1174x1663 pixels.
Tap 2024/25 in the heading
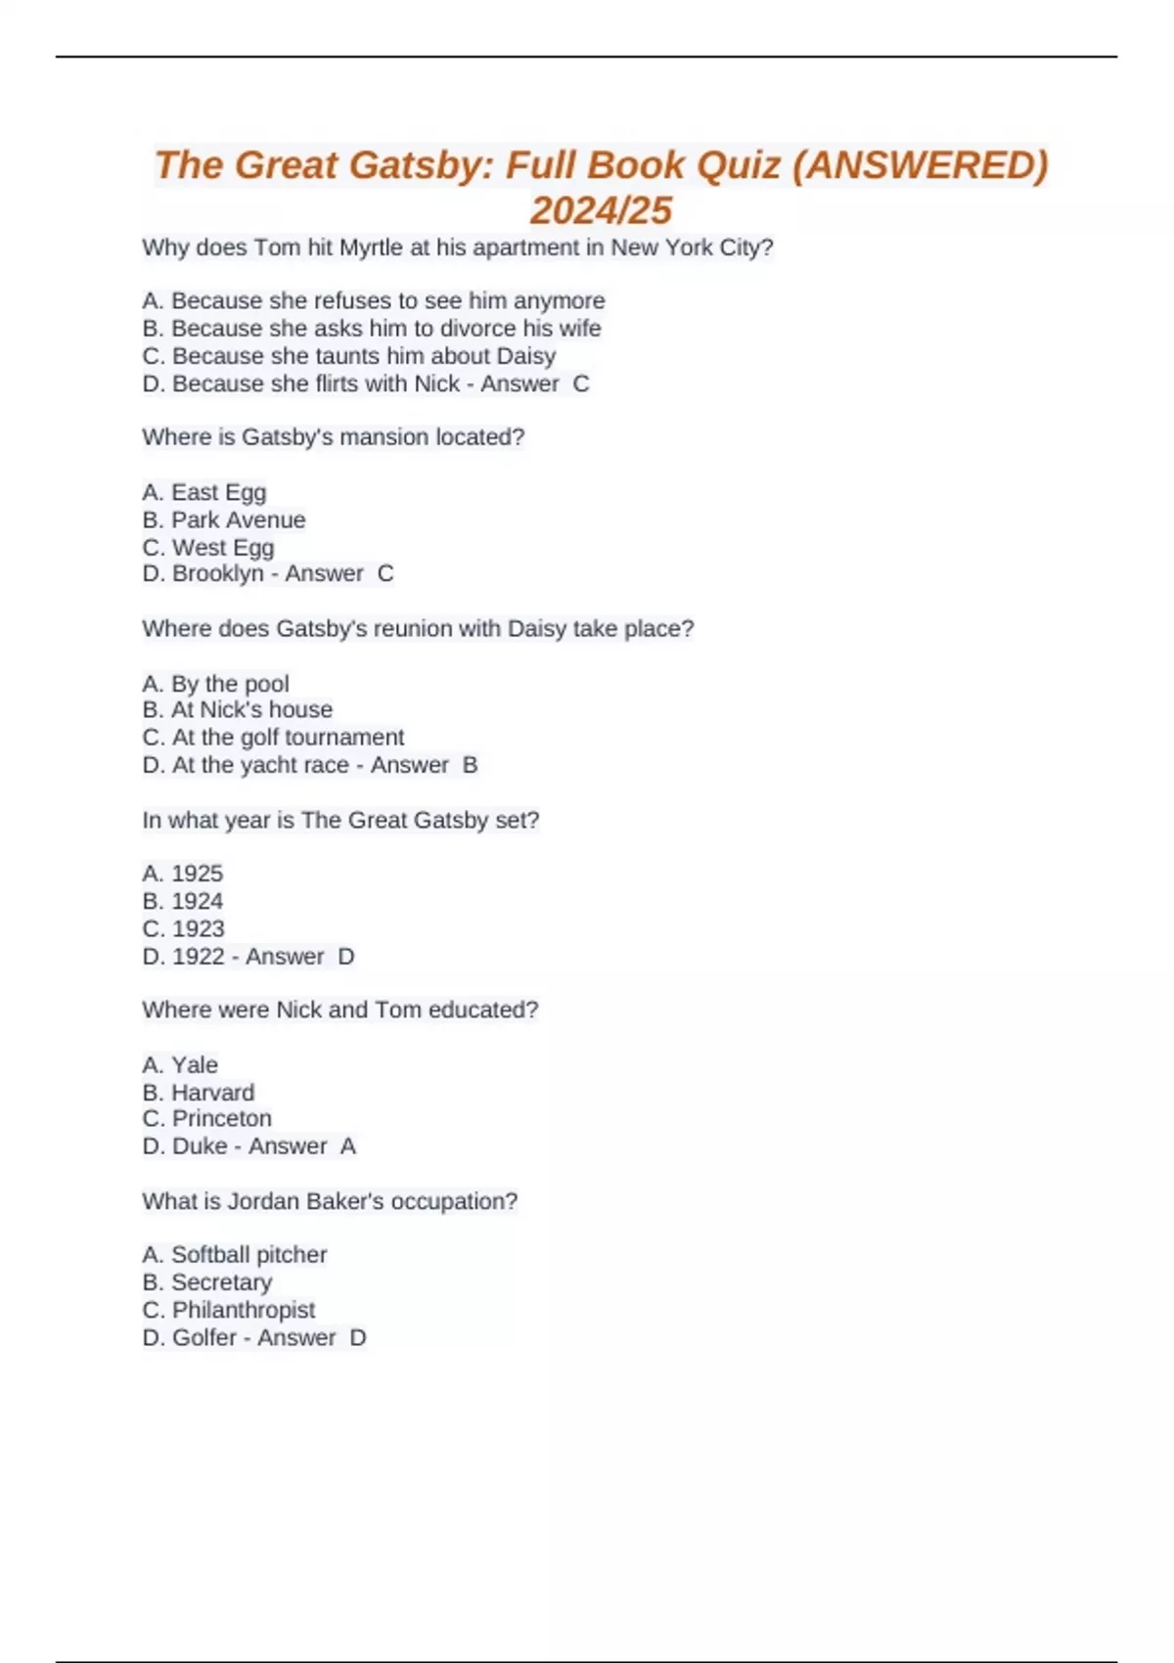[601, 210]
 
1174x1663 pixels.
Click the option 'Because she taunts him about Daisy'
[363, 356]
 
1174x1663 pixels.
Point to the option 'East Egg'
[218, 492]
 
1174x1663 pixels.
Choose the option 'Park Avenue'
[238, 519]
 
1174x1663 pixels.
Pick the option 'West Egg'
[223, 547]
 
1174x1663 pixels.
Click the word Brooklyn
[217, 573]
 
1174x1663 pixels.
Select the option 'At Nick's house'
[251, 709]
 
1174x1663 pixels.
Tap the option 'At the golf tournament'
[288, 737]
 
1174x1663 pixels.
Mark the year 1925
[197, 873]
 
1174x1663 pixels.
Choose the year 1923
[198, 928]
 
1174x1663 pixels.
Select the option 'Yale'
[195, 1064]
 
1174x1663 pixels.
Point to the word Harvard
[212, 1092]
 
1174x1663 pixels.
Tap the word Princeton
[222, 1118]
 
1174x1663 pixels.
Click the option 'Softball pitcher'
[248, 1254]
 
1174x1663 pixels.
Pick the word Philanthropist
[244, 1310]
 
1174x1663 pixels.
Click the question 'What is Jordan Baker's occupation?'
[330, 1200]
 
